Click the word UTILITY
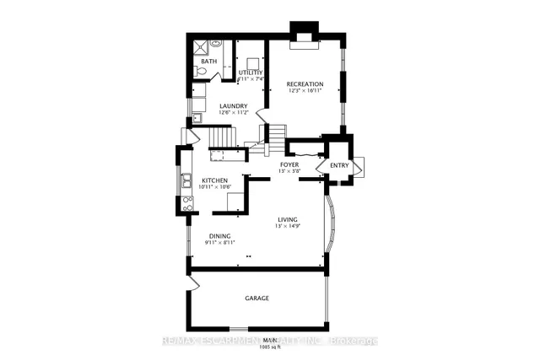click(x=251, y=73)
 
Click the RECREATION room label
click(x=305, y=83)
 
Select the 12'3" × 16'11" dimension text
click(x=305, y=90)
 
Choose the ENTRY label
click(x=339, y=165)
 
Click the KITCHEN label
click(x=216, y=180)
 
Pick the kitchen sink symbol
click(x=187, y=179)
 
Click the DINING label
click(x=219, y=236)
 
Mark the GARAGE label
click(x=256, y=298)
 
